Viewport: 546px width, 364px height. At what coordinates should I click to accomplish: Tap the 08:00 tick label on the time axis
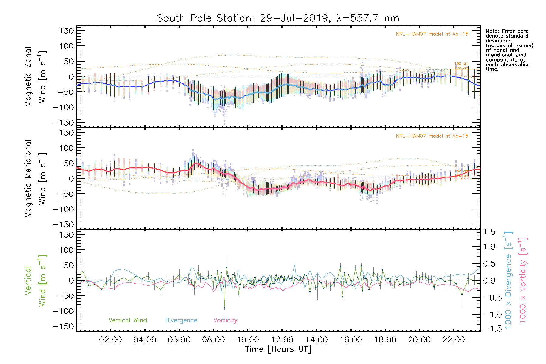point(214,340)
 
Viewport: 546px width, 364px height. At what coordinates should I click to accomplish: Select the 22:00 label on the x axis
point(453,340)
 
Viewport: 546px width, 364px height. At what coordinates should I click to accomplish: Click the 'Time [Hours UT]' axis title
point(278,349)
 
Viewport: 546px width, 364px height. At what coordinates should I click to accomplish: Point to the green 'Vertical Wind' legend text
point(127,320)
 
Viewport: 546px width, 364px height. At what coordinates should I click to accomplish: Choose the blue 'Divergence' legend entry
point(181,320)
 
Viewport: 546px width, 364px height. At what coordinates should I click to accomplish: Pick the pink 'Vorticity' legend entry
point(225,320)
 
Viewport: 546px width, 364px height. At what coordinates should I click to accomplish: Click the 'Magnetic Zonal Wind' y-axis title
point(35,77)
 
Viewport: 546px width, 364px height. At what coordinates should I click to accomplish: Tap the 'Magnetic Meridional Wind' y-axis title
point(35,179)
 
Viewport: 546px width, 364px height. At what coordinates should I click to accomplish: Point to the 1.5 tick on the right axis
point(489,232)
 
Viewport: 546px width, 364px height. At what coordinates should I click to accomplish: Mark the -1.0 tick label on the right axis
point(489,314)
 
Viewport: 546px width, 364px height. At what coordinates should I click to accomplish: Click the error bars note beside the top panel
point(509,50)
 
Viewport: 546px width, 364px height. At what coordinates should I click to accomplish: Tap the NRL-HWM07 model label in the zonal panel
point(432,34)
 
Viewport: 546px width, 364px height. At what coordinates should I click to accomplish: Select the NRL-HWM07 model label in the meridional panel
point(432,136)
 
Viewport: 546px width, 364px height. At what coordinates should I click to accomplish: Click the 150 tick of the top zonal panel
point(66,31)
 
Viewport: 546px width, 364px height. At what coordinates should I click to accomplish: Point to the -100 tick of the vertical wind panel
point(63,311)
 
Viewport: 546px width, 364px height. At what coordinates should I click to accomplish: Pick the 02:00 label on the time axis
point(111,340)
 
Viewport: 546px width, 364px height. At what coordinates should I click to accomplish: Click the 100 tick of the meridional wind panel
point(66,148)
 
